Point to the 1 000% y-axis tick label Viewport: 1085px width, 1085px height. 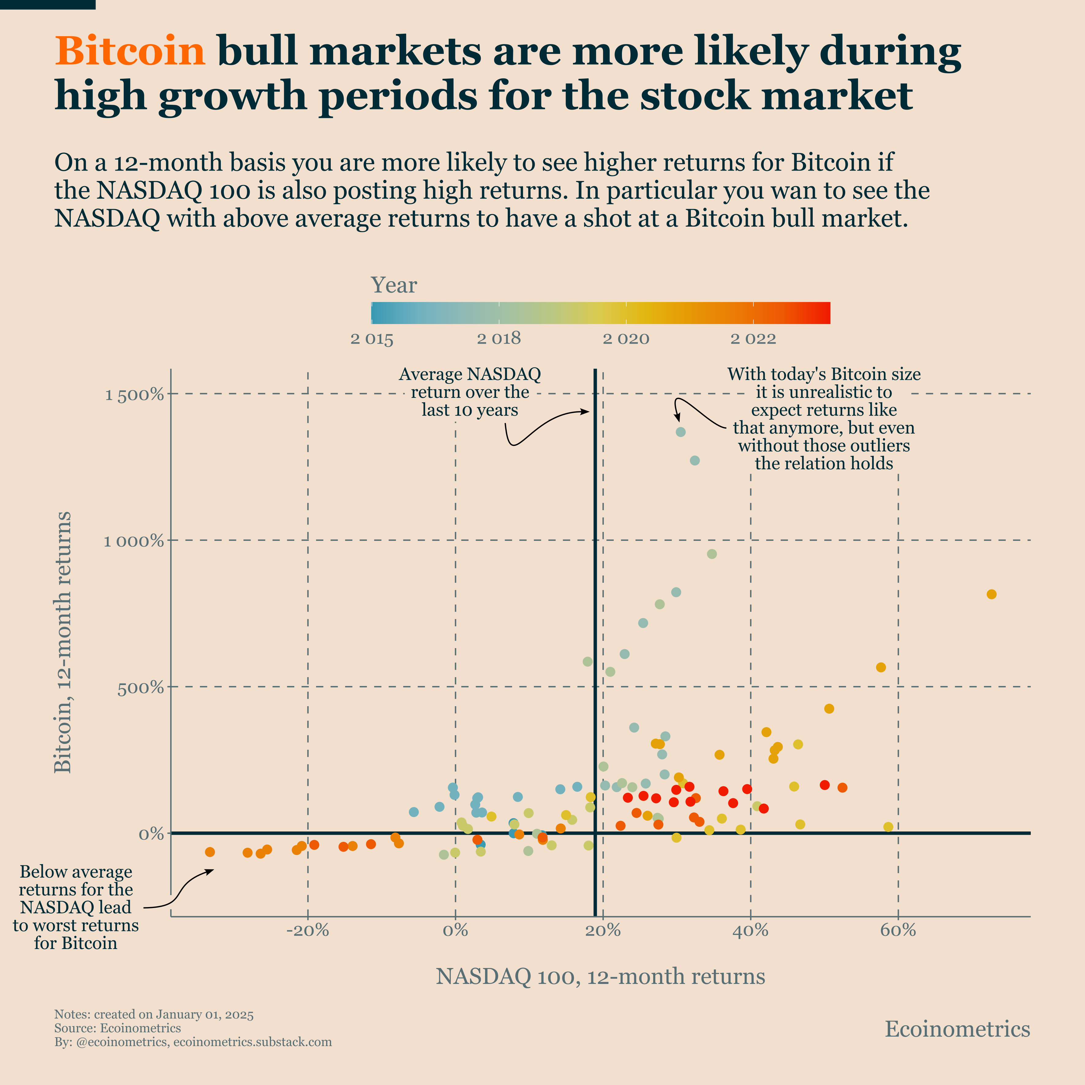tap(134, 541)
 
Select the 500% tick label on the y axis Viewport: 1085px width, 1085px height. tap(140, 688)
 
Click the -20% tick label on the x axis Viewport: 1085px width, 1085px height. tap(307, 931)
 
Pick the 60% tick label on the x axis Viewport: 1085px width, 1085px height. tap(898, 931)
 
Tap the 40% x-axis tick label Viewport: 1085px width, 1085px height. tap(750, 931)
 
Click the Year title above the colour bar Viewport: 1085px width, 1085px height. tap(394, 285)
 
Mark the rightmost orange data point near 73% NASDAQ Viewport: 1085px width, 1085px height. tap(991, 594)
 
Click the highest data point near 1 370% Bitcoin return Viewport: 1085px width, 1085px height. tap(681, 432)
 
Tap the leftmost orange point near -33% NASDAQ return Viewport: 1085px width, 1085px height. tap(210, 852)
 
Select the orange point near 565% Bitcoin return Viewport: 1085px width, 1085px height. tap(880, 667)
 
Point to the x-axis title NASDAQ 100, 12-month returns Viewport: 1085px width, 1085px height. tap(600, 977)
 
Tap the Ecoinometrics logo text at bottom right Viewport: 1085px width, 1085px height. tap(957, 1029)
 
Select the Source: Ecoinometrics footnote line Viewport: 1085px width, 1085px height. tap(117, 1028)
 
